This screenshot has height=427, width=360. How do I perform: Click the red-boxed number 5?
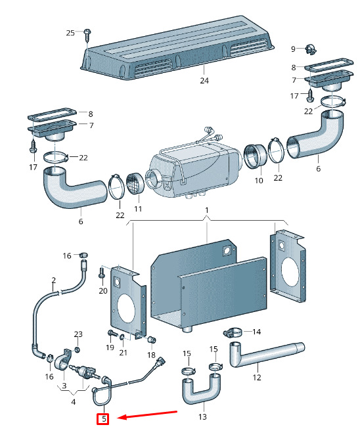pyautogui.click(x=104, y=418)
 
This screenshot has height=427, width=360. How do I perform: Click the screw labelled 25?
pyautogui.click(x=87, y=35)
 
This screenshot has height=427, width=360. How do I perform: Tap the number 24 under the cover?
pyautogui.click(x=204, y=81)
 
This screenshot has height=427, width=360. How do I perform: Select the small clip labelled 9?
pyautogui.click(x=311, y=49)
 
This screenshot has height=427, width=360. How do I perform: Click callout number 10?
pyautogui.click(x=259, y=180)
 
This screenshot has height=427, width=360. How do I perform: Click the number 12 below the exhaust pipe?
pyautogui.click(x=257, y=377)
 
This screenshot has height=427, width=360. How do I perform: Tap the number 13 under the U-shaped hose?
pyautogui.click(x=202, y=416)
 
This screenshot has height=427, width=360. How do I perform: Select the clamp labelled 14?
pyautogui.click(x=233, y=333)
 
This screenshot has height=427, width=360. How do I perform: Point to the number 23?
pyautogui.click(x=78, y=334)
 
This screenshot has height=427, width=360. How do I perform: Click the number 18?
pyautogui.click(x=151, y=355)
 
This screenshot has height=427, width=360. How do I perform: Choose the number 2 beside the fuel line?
pyautogui.click(x=54, y=280)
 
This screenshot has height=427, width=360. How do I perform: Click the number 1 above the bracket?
pyautogui.click(x=207, y=210)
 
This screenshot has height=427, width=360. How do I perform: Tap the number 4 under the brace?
pyautogui.click(x=73, y=401)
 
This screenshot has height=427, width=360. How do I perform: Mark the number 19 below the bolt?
pyautogui.click(x=110, y=348)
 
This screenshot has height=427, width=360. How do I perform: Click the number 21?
pyautogui.click(x=123, y=353)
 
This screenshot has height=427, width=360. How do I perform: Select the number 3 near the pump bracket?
pyautogui.click(x=64, y=386)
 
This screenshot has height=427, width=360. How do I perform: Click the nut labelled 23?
pyautogui.click(x=78, y=349)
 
